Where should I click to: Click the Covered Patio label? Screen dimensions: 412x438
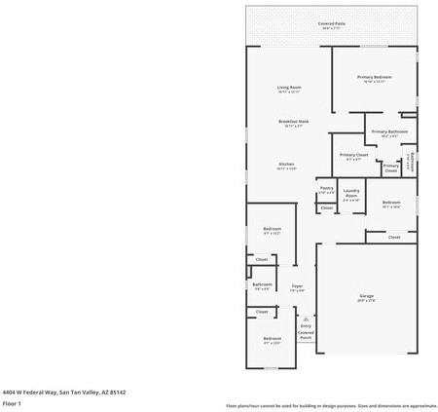(332, 23)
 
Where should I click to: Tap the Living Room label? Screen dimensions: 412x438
(289, 88)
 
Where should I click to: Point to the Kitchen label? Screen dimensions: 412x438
(287, 165)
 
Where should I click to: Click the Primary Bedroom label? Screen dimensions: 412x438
(375, 77)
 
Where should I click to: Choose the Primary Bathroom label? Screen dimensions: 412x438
(389, 131)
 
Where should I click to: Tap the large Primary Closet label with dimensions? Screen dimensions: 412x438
(353, 155)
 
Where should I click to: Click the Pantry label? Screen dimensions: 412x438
(327, 188)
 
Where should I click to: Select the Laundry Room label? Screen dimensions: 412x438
(351, 192)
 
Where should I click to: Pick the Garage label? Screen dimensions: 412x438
(367, 296)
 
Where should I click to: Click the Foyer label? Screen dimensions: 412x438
(297, 286)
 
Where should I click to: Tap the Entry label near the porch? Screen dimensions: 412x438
(306, 325)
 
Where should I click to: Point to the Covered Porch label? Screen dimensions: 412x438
(306, 334)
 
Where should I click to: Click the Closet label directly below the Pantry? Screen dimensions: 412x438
(327, 207)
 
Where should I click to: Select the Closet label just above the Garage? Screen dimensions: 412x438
(394, 237)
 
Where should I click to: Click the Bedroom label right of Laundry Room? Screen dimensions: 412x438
(391, 203)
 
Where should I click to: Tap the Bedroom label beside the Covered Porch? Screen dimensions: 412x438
(272, 338)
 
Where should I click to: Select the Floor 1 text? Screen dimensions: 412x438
(13, 403)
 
